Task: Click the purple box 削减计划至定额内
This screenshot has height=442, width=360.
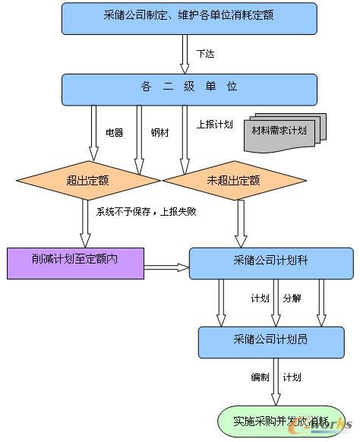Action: pyautogui.click(x=74, y=262)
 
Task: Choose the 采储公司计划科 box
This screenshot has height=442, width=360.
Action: pyautogui.click(x=270, y=262)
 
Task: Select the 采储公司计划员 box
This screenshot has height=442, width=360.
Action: pyautogui.click(x=270, y=341)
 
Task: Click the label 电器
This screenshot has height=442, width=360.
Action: pyautogui.click(x=114, y=133)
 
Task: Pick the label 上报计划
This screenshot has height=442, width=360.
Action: pyautogui.click(x=214, y=125)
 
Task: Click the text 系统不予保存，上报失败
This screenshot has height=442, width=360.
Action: pyautogui.click(x=146, y=212)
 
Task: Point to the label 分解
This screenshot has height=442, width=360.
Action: pyautogui.click(x=292, y=298)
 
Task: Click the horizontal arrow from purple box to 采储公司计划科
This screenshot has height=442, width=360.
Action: pyautogui.click(x=166, y=267)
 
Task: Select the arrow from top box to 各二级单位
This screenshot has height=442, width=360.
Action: pyautogui.click(x=184, y=53)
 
